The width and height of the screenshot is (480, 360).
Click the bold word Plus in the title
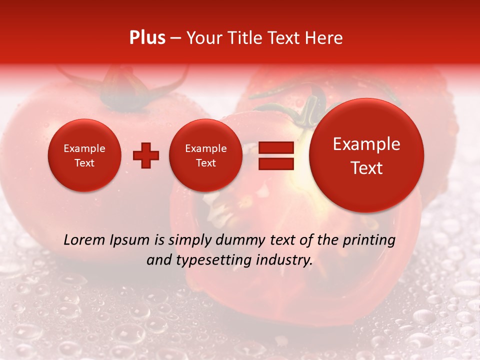click(147, 37)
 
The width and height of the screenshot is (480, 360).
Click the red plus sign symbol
click(146, 155)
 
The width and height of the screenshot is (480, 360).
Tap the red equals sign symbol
click(276, 155)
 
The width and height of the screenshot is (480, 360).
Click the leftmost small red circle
click(84, 155)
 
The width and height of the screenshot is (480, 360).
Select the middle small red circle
click(206, 155)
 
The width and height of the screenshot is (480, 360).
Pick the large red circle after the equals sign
click(366, 155)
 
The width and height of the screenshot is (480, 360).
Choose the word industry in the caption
click(285, 260)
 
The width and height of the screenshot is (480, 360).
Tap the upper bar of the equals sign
click(276, 147)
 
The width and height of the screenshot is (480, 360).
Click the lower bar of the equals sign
click(276, 163)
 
